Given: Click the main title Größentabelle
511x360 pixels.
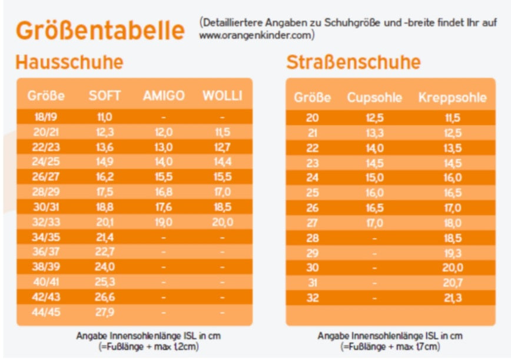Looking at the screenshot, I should click(99, 30).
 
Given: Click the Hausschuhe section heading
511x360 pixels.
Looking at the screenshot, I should click(69, 62).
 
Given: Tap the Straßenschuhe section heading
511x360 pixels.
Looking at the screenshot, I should click(353, 62).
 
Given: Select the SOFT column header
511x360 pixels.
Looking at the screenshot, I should click(104, 95).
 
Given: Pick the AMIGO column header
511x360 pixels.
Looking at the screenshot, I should click(164, 95).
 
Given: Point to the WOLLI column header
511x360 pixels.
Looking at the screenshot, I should click(222, 95).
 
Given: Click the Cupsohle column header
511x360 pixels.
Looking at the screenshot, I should click(374, 97).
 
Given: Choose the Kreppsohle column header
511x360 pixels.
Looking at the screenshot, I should click(452, 97).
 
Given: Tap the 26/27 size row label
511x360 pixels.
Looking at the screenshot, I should click(45, 177).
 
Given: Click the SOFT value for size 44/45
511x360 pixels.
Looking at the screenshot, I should click(105, 311).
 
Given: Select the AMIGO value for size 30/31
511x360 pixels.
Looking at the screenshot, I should click(164, 207).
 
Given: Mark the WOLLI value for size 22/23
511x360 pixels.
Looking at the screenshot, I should click(222, 147).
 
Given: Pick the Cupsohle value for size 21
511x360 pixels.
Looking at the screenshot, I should click(374, 133).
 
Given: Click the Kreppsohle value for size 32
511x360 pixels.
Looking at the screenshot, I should click(453, 298).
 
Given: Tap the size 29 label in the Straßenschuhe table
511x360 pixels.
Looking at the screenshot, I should click(313, 253).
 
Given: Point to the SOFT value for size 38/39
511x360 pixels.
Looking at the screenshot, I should click(105, 266).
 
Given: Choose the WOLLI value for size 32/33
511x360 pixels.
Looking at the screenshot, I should click(222, 222).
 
